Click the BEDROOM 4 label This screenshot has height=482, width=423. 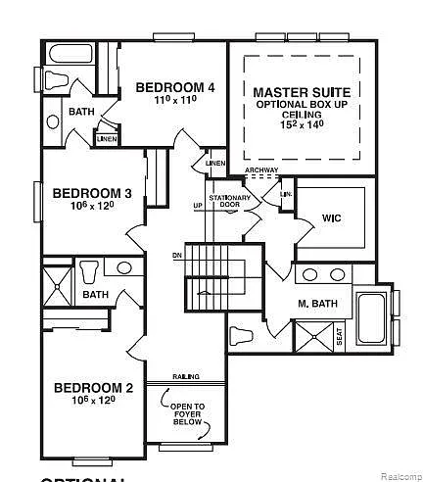[x=175, y=86]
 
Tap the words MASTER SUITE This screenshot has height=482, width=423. [x=303, y=91]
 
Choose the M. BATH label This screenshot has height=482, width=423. [x=317, y=304]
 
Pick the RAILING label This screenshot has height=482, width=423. [x=187, y=375]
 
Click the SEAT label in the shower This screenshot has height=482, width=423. [x=339, y=335]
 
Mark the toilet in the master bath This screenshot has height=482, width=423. [x=242, y=337]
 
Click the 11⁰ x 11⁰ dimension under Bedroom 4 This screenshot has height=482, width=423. [x=175, y=100]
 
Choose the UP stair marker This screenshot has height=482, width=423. [x=198, y=206]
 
